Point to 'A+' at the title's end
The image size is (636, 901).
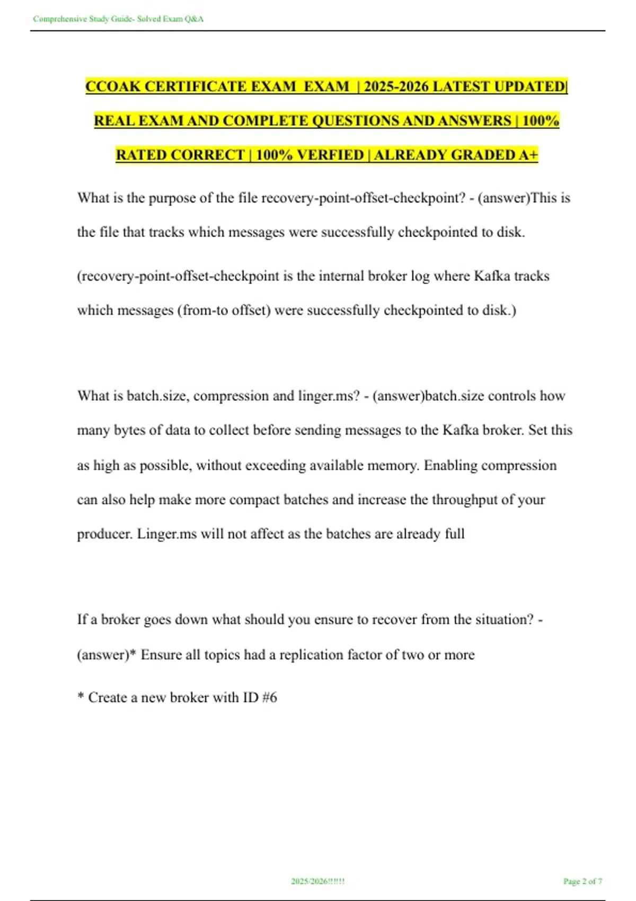pyautogui.click(x=528, y=155)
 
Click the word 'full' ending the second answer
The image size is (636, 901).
pyautogui.click(x=455, y=534)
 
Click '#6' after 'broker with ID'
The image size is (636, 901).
pyautogui.click(x=269, y=697)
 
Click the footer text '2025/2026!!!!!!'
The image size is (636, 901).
pyautogui.click(x=317, y=881)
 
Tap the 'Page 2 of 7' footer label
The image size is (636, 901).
pyautogui.click(x=582, y=881)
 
